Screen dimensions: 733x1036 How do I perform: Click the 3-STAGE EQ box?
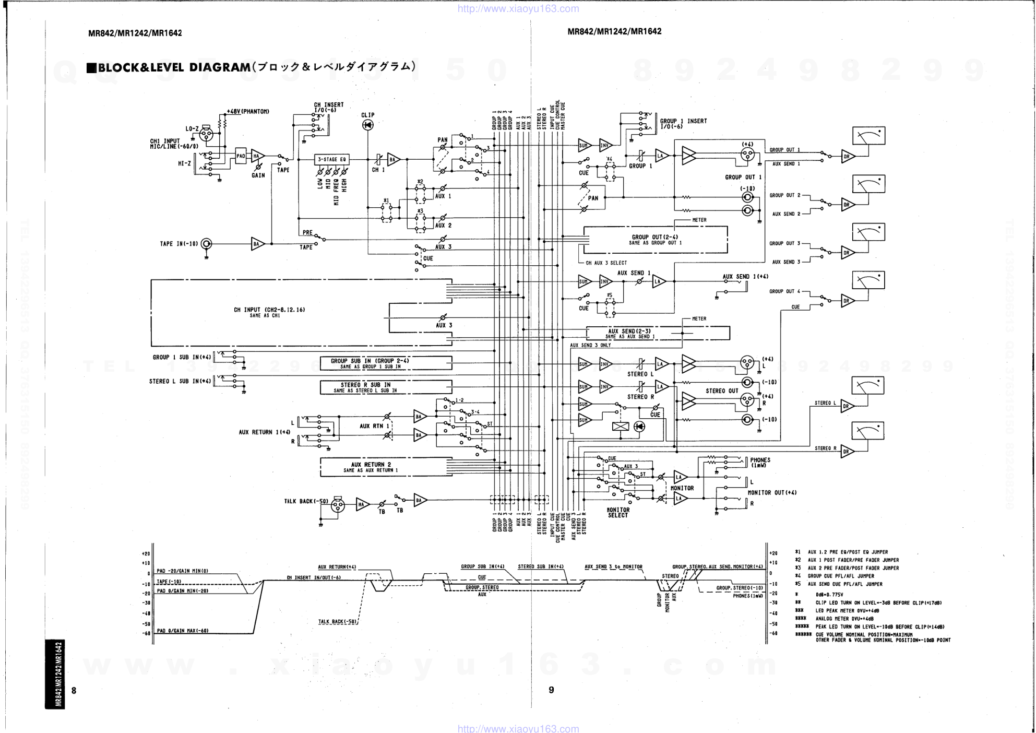click(331, 159)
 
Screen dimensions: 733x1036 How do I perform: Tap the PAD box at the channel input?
click(241, 156)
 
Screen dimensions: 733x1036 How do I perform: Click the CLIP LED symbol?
click(367, 125)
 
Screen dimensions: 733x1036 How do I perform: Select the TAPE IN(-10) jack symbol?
click(207, 244)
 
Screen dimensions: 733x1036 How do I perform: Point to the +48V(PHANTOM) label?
click(248, 111)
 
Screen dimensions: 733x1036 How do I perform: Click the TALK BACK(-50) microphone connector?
click(338, 504)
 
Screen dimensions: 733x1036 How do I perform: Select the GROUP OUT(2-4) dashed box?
click(656, 240)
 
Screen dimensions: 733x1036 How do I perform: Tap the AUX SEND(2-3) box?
click(658, 333)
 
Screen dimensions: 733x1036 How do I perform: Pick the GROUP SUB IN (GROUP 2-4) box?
click(386, 363)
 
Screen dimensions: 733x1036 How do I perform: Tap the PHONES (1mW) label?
click(760, 463)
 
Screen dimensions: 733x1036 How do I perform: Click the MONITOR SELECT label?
click(618, 513)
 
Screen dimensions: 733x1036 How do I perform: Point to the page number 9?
click(551, 690)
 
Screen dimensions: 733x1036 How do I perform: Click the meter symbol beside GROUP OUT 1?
click(868, 136)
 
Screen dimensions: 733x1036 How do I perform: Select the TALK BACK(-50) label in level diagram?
click(338, 621)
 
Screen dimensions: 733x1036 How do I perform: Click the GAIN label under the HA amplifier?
click(258, 175)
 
